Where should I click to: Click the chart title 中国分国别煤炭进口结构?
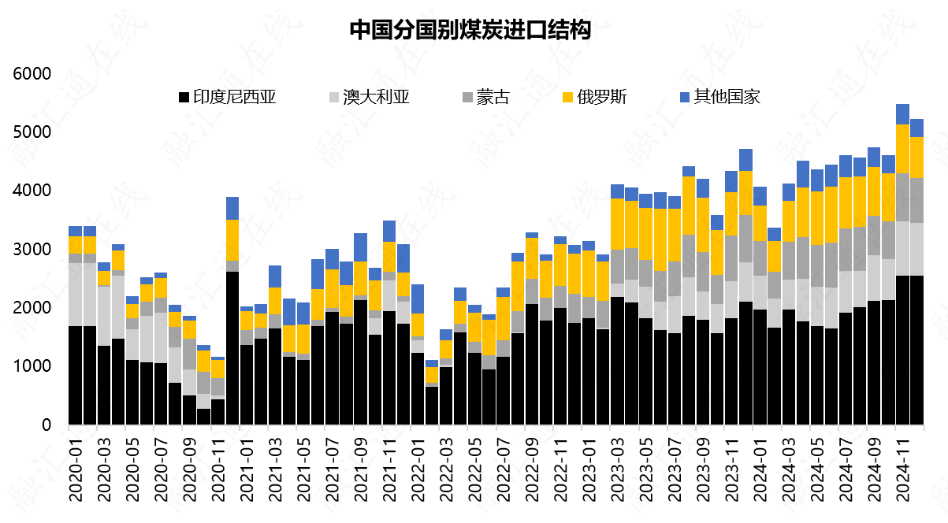click(x=470, y=31)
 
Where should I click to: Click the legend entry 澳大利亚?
click(x=377, y=98)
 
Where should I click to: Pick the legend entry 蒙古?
click(x=492, y=98)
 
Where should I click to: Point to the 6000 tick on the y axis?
click(x=32, y=74)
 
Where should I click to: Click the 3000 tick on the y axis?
click(x=32, y=250)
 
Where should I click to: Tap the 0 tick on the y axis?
click(x=46, y=425)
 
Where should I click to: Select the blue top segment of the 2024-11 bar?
click(x=902, y=114)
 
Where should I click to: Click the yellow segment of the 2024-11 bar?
click(x=902, y=149)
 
